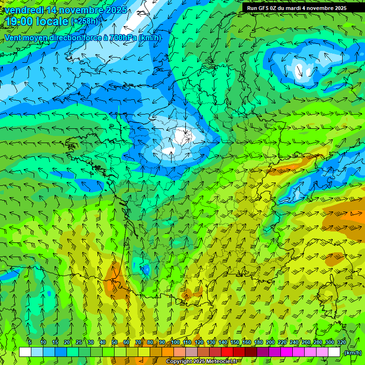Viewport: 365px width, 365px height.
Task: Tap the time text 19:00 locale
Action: (37, 21)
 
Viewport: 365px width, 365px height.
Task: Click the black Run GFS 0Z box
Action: (303, 8)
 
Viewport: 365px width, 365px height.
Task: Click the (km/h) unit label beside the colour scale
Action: (352, 353)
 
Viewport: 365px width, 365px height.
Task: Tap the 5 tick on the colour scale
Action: (30, 343)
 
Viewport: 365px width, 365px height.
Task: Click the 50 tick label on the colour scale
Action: (115, 343)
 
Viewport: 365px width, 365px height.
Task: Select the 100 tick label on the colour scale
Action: (175, 343)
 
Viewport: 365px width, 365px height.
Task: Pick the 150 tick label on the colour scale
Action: (235, 343)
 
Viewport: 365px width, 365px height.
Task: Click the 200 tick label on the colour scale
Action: (270, 343)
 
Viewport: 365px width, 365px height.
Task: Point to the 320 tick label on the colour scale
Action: (341, 343)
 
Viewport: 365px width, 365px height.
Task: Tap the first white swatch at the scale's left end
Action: (25, 352)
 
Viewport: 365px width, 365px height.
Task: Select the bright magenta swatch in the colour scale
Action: (287, 352)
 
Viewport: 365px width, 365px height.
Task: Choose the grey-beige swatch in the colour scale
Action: (192, 352)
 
